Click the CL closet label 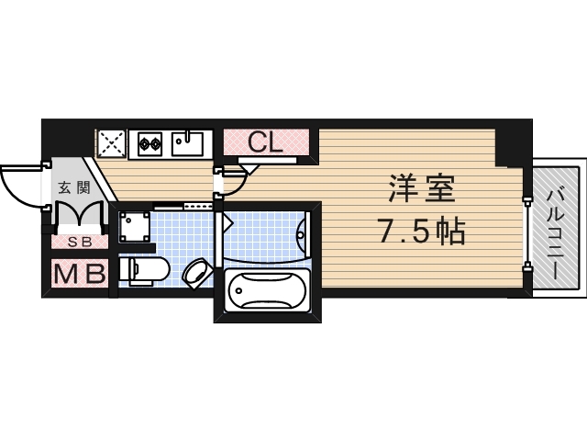point(265,142)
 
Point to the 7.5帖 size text point(422,232)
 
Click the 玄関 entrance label point(73,188)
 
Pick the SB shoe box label point(78,243)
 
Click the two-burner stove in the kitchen point(150,142)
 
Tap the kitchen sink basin point(189,143)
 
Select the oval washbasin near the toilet point(195,272)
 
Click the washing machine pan point(135,226)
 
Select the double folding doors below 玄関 point(77,216)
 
